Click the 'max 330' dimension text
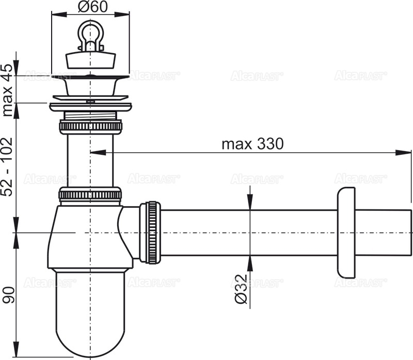252,144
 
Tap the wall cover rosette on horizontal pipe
345,233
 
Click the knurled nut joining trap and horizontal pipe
151,233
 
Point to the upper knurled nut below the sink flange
90,127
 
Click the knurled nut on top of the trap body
90,194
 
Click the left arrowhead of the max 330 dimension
96,152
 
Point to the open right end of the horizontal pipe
410,233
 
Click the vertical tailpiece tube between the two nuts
90,160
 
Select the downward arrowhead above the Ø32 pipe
250,204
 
